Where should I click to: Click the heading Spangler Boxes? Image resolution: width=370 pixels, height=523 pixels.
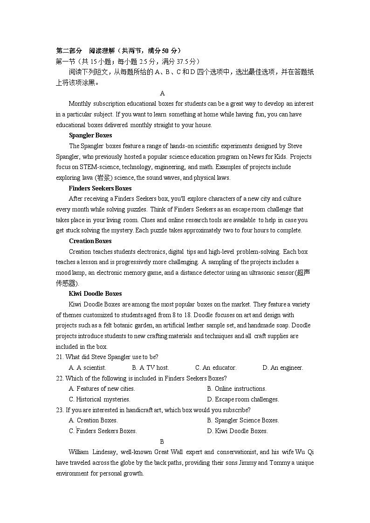[90, 136]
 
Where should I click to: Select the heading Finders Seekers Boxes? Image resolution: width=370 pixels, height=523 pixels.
[100, 188]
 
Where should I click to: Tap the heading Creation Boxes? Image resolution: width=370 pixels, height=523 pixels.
[90, 241]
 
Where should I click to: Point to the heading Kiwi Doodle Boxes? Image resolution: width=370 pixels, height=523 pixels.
[95, 293]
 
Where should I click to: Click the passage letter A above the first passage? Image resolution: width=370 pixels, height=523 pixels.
[162, 93]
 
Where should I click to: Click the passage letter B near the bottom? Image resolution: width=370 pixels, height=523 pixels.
[162, 441]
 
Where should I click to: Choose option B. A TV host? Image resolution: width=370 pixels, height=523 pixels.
[151, 367]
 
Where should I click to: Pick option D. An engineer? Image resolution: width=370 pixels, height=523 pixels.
[282, 367]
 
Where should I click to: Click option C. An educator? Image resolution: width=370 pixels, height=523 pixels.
[216, 367]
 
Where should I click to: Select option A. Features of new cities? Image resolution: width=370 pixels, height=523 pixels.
[102, 388]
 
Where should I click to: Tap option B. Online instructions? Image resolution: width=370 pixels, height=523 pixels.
[237, 388]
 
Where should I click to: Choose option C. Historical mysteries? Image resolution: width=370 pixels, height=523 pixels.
[99, 399]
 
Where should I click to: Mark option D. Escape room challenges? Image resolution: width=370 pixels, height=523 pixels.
[243, 399]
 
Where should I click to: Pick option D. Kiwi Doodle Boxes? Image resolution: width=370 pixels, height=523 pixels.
[237, 431]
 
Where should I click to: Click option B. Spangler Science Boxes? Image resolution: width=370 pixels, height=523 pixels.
[243, 420]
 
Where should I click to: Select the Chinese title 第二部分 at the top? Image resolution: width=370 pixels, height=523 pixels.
[69, 51]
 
